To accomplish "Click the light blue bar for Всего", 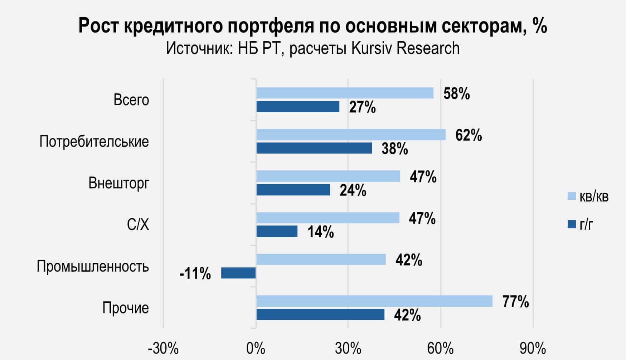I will pos(345,93).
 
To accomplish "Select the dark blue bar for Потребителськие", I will pos(314,148).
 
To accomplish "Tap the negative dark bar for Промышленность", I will pos(238,273).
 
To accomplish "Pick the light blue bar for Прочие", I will pos(374,301).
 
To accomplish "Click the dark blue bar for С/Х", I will pos(277,232).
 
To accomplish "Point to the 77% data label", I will pos(515,302).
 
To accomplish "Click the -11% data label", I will pos(195,274).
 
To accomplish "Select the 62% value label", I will pos(469,136).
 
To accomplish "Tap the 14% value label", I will pos(321,232).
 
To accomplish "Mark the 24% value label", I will pos(353,191).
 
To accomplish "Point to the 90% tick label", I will pos(533,348).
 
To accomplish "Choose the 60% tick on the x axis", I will pos(441,348).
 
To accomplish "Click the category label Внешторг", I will pos(119,183).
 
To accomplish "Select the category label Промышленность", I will pos(93,267).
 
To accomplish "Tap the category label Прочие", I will pos(126,308).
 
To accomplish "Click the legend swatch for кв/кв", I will pos(572,196).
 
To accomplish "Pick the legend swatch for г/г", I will pos(572,224).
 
